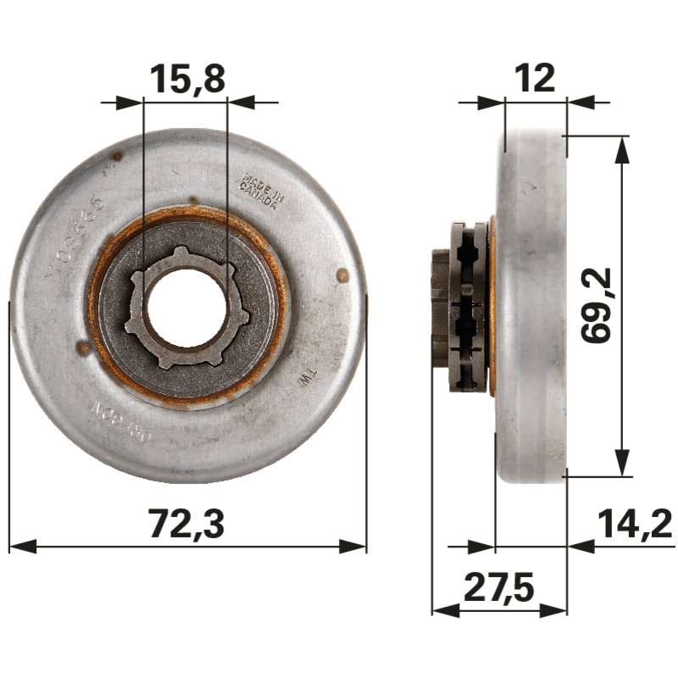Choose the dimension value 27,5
pos(499,587)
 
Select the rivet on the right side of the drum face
pos(342,275)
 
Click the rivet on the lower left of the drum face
pos(83,347)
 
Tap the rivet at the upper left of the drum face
pos(116,155)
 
